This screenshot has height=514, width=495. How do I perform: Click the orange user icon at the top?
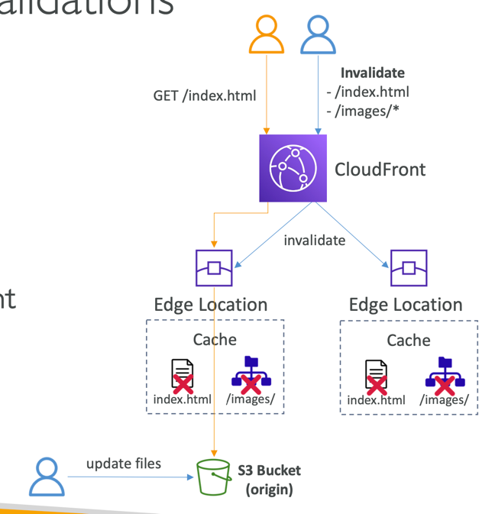[x=267, y=35]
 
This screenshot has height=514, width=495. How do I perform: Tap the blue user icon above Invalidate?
[x=318, y=35]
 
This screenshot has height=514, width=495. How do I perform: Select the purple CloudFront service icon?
[x=293, y=168]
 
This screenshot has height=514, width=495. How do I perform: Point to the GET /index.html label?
[x=205, y=95]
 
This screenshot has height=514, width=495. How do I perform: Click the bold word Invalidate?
[x=372, y=73]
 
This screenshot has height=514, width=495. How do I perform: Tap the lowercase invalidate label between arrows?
[x=314, y=240]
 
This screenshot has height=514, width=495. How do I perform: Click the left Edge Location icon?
[x=214, y=267]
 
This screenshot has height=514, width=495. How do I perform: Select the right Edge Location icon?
[x=409, y=267]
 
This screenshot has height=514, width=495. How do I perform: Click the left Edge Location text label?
[x=211, y=305]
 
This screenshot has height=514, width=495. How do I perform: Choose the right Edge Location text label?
[x=406, y=305]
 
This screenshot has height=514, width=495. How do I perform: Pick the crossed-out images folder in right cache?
[x=443, y=375]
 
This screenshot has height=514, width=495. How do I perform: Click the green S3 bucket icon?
[x=214, y=478]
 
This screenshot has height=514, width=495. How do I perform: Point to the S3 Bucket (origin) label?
[x=269, y=480]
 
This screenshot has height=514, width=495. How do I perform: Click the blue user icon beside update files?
[x=47, y=477]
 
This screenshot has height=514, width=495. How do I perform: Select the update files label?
[x=124, y=464]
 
